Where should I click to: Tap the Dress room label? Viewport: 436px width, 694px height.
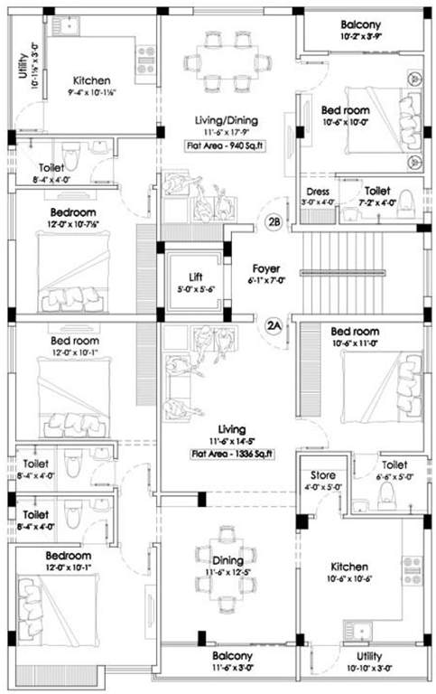coord(317,192)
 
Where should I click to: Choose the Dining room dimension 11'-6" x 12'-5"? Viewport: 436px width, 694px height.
coord(226,572)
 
